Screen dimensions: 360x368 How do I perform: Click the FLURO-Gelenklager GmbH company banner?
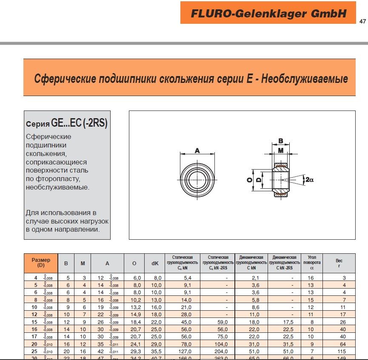tap(268, 13)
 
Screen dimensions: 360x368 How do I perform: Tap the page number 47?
tap(362, 22)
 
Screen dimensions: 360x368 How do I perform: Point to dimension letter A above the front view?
tap(197, 150)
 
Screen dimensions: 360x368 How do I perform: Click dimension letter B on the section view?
tap(280, 141)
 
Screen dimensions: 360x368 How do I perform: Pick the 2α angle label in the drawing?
tap(309, 180)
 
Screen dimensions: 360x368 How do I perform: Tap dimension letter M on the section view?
tap(280, 150)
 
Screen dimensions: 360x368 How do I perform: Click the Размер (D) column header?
tap(41, 263)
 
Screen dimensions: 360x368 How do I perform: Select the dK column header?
tap(155, 264)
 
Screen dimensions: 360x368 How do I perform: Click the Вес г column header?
tap(339, 263)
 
